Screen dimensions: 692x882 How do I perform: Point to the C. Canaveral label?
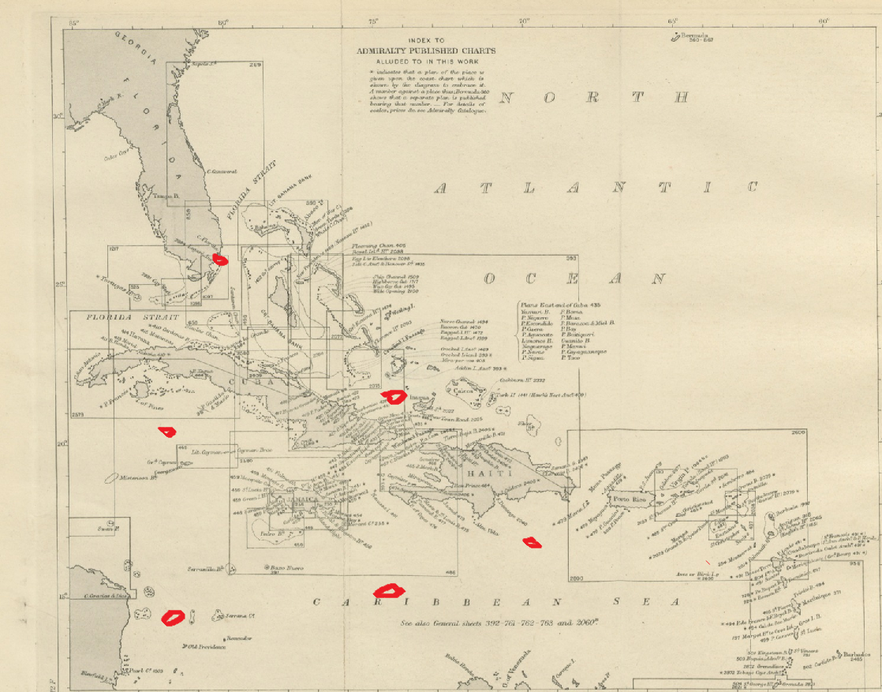pos(222,171)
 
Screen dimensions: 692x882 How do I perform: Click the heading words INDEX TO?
pos(426,39)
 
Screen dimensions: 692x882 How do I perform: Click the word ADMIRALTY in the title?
pos(383,50)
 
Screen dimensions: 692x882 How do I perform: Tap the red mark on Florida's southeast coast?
pos(221,257)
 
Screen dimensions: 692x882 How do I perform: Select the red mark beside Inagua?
pos(392,396)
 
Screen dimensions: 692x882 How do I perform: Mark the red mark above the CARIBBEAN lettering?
pos(387,589)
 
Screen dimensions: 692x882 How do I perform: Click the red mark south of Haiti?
pos(533,542)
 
